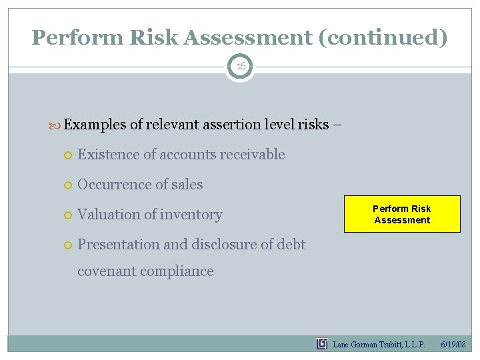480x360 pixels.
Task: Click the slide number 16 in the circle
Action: pos(240,67)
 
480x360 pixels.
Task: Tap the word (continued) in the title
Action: pos(383,37)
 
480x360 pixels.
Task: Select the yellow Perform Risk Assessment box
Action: pos(402,214)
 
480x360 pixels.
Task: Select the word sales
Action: pos(187,185)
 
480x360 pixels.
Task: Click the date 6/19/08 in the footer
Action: pos(453,344)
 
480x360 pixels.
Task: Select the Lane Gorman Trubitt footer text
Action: pos(379,344)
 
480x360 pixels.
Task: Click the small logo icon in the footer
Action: pos(322,344)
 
